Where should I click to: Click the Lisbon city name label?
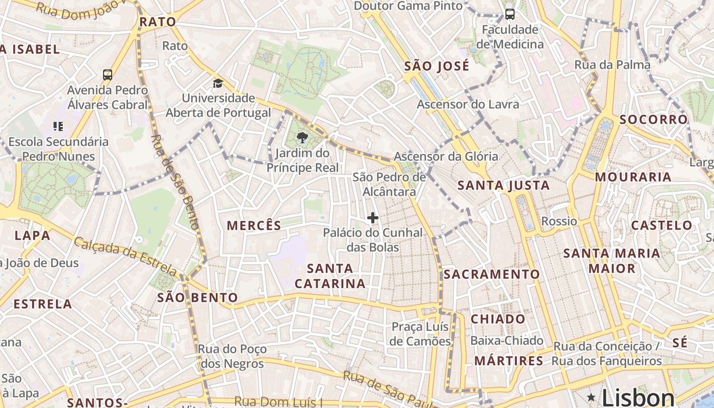coord(637,397)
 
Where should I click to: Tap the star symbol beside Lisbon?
coord(591,397)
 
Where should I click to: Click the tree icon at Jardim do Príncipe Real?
coord(302,137)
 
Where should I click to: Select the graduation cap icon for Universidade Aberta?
coord(218,83)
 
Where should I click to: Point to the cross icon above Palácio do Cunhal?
coord(373,218)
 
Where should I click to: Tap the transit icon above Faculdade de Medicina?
coord(509,14)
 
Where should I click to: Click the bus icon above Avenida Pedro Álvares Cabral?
coord(108,75)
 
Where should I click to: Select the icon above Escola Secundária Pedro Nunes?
coord(58,126)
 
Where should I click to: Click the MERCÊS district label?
coord(254,225)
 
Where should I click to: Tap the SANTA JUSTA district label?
coord(503,186)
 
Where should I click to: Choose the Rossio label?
coord(559,221)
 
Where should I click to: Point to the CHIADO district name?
coord(498,319)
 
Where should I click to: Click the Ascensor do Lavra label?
coord(468,105)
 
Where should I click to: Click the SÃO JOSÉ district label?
coord(436,66)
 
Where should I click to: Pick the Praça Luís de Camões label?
coord(421,334)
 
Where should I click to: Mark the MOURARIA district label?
coord(632,177)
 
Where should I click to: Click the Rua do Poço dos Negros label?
coord(232,356)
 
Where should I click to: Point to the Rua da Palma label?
coord(612,65)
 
